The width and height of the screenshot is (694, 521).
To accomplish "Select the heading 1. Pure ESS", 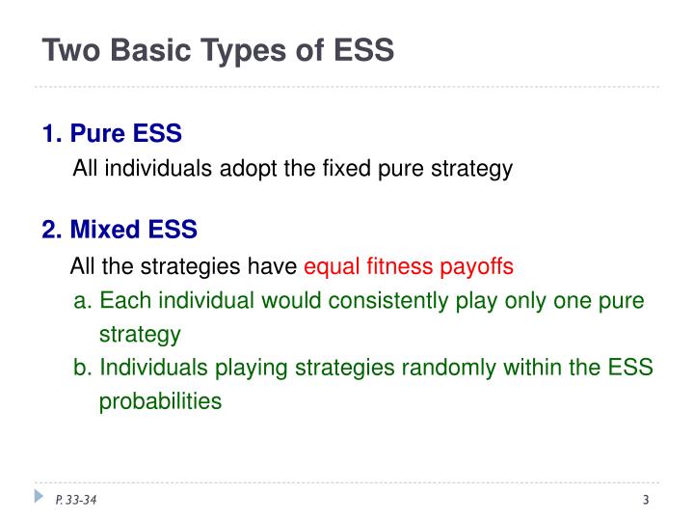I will click(x=112, y=133).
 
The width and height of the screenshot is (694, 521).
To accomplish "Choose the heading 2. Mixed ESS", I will click(x=120, y=230).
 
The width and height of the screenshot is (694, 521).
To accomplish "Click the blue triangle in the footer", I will click(x=40, y=497).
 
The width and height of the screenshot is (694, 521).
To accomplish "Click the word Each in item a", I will click(x=120, y=301).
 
